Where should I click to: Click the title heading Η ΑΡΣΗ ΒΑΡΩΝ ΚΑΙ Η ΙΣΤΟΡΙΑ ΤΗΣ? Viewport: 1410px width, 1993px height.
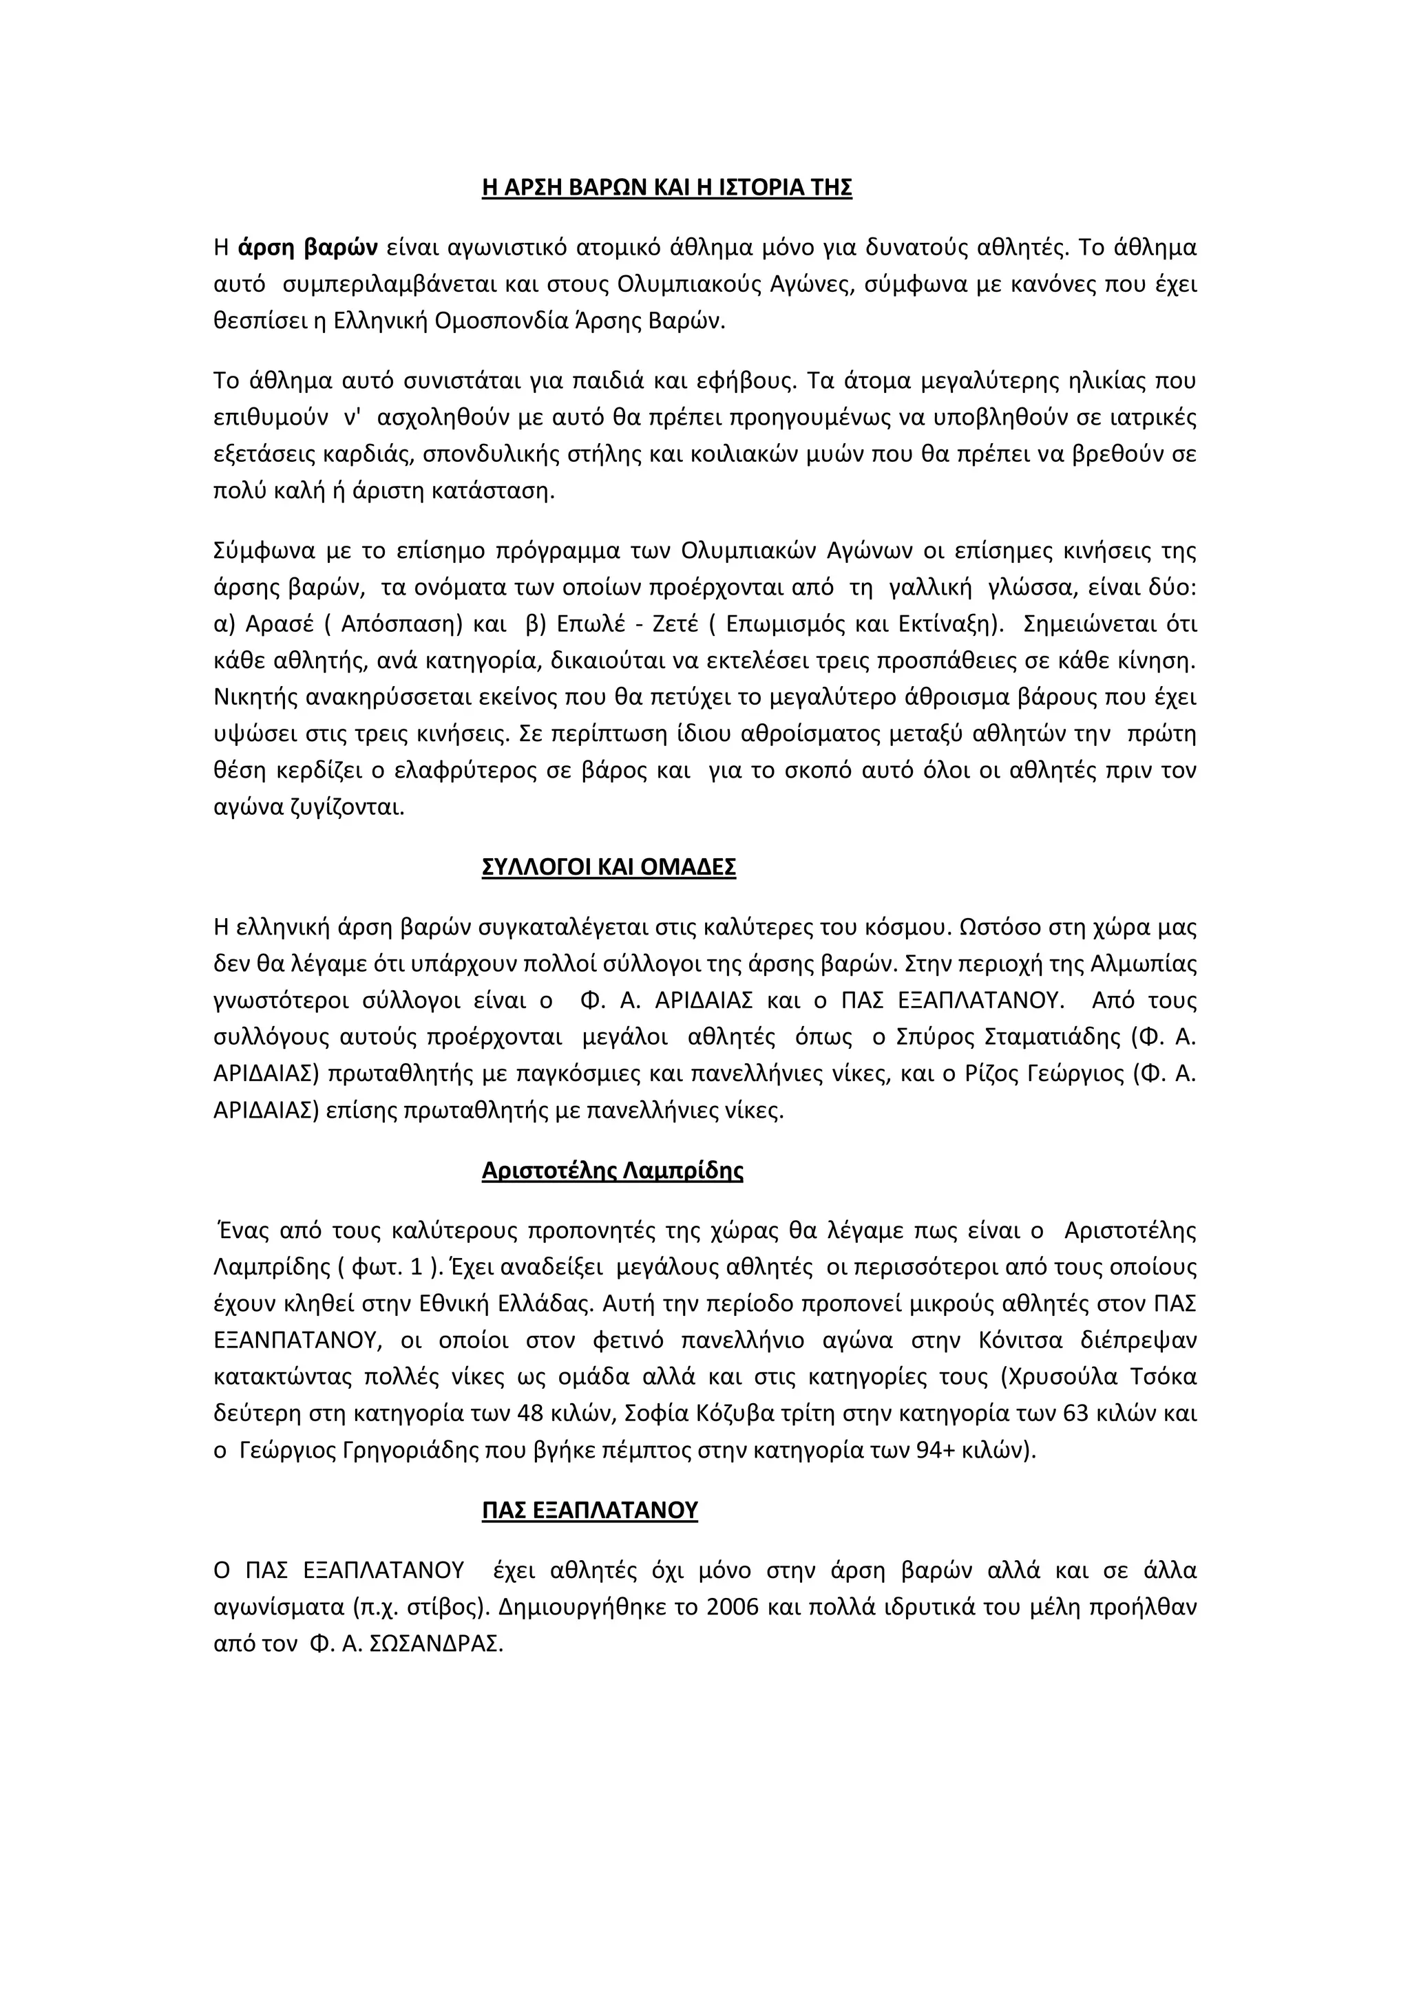[x=667, y=189]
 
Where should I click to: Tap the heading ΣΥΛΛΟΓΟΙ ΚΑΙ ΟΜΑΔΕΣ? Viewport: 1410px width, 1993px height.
[x=609, y=867]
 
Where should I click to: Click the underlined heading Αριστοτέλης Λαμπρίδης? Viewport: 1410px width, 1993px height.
[x=612, y=1171]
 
